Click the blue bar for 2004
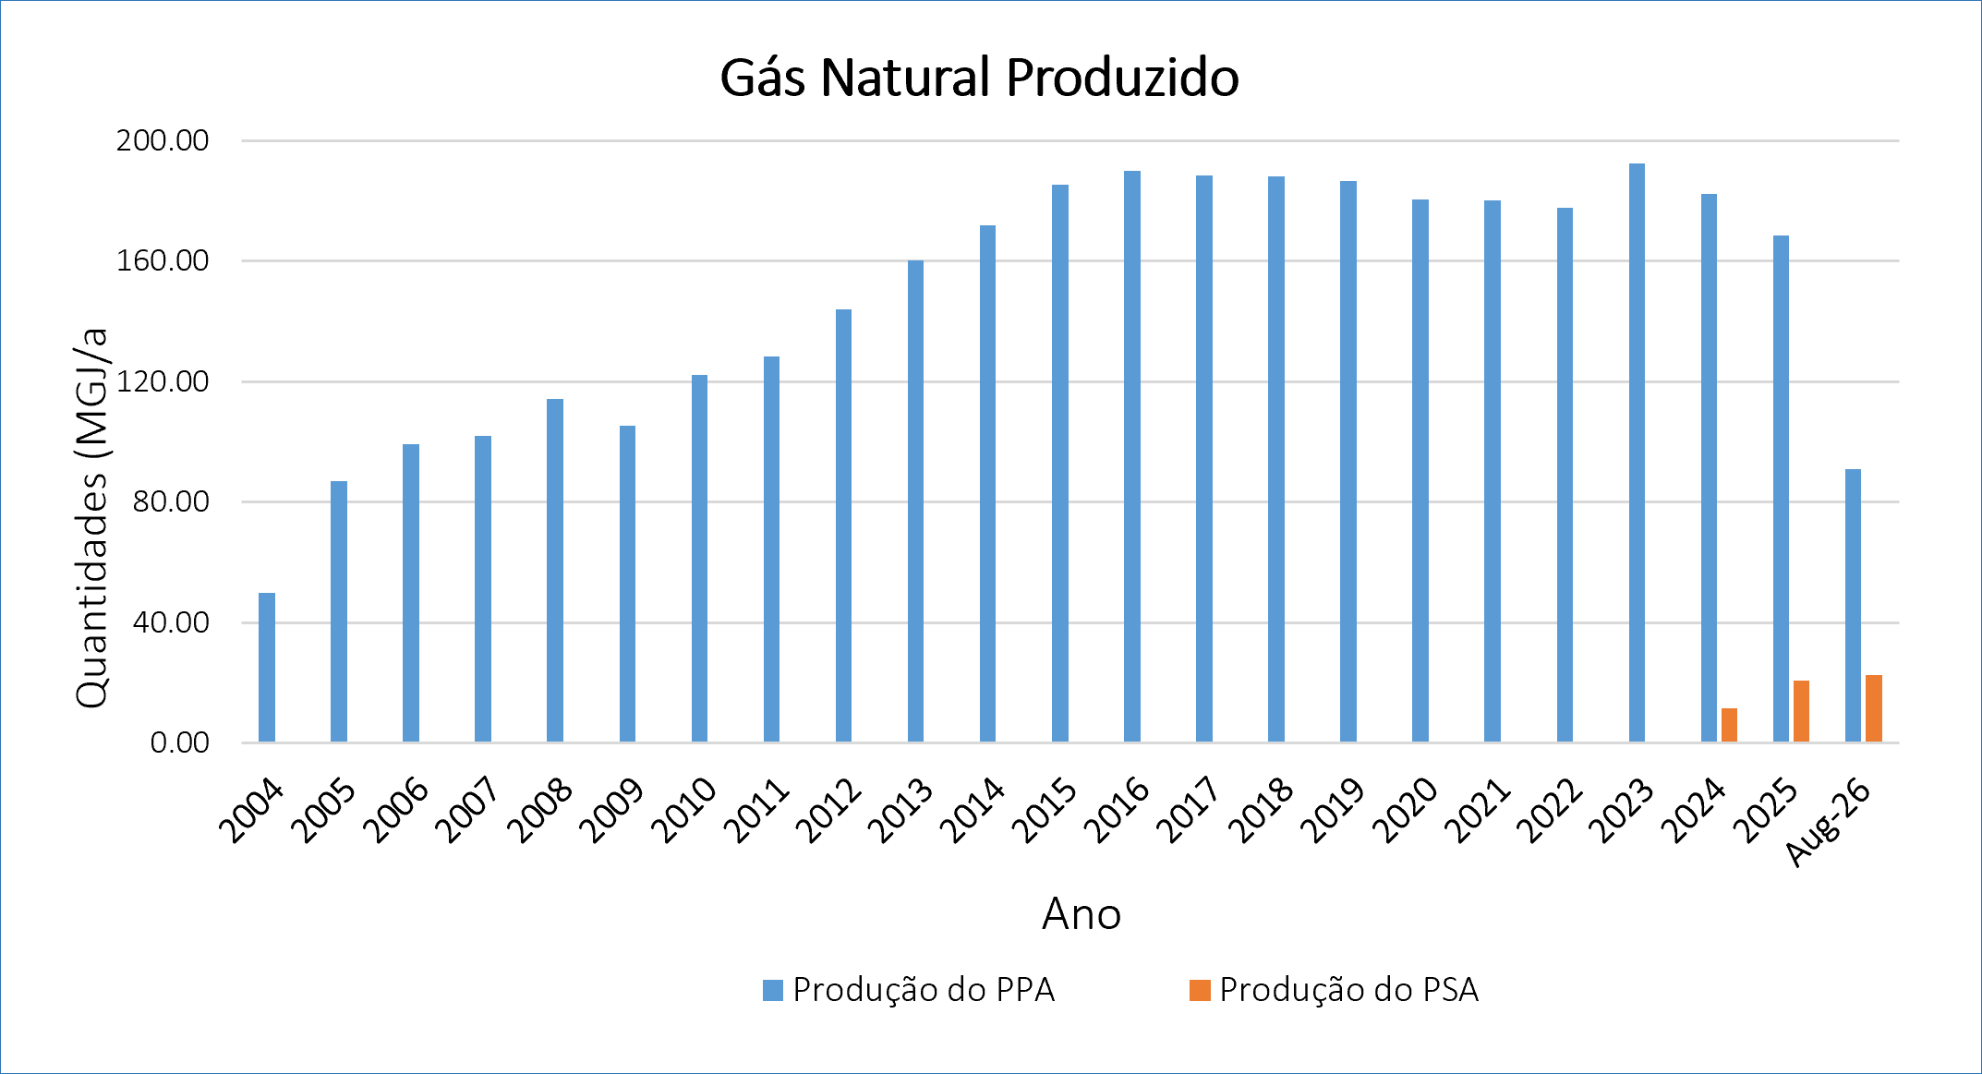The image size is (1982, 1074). (x=267, y=667)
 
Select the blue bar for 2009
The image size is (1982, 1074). (x=627, y=584)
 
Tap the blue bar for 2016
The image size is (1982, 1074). (x=1132, y=456)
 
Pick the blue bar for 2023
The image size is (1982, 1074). (x=1637, y=453)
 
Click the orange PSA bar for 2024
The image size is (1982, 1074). (x=1729, y=725)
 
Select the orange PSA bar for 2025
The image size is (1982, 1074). (x=1801, y=711)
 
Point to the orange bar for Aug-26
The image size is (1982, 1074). (x=1873, y=708)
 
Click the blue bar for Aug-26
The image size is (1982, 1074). (x=1853, y=606)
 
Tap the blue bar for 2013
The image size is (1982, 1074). (x=915, y=501)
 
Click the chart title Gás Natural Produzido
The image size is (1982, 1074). (x=979, y=78)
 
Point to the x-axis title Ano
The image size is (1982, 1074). (x=1082, y=914)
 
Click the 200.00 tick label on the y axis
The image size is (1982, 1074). (x=163, y=140)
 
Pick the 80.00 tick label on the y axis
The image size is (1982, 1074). (x=171, y=501)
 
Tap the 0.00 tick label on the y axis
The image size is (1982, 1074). (x=180, y=742)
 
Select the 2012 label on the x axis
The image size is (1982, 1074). (x=828, y=811)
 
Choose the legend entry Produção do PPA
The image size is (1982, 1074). (x=909, y=990)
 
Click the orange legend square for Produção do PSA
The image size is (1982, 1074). (x=1200, y=990)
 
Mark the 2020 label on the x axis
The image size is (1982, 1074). (x=1404, y=811)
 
